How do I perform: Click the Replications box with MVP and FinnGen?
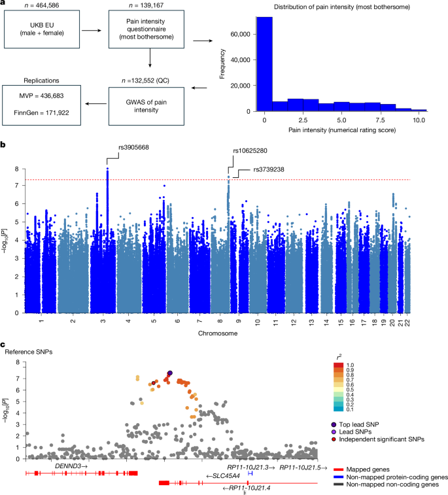43,108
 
